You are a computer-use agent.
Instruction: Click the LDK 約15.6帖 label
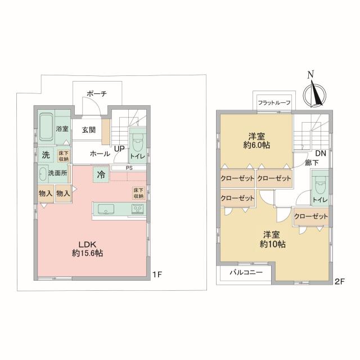88,249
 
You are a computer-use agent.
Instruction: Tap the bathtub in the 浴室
46,127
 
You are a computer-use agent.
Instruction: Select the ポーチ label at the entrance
97,94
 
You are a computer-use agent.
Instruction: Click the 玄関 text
89,130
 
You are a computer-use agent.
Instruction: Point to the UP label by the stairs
119,148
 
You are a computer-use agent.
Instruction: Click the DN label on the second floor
321,153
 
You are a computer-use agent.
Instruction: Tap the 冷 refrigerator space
101,174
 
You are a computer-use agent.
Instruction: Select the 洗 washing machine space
46,155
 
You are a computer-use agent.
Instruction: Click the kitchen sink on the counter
106,209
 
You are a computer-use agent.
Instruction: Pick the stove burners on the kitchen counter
137,209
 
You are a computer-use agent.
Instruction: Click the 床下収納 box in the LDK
139,193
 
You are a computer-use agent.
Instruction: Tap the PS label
129,168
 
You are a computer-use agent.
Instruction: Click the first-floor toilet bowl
138,143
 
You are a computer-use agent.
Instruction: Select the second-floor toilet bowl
320,186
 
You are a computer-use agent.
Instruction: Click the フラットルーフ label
274,102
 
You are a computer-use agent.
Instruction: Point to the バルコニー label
246,272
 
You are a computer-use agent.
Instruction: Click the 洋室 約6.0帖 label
256,141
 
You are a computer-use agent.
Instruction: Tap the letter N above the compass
311,74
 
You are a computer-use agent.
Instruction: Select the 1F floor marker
157,274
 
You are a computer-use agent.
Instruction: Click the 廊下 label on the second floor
311,163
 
